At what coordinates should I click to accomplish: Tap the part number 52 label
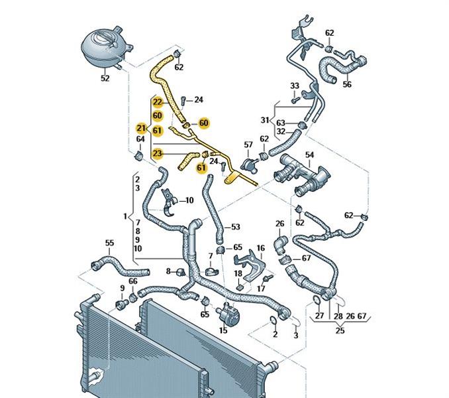point(105,78)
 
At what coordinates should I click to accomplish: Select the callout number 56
point(346,84)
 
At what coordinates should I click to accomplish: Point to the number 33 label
point(295,86)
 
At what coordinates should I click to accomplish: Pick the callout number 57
point(248,144)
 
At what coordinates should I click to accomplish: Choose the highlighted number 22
point(157,102)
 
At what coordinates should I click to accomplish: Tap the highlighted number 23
point(157,154)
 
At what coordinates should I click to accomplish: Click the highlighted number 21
point(140,128)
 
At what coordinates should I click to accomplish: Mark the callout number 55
point(109,243)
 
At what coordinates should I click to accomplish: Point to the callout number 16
point(261,248)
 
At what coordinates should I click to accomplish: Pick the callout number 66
point(133,282)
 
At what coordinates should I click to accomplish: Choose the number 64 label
point(140,139)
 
